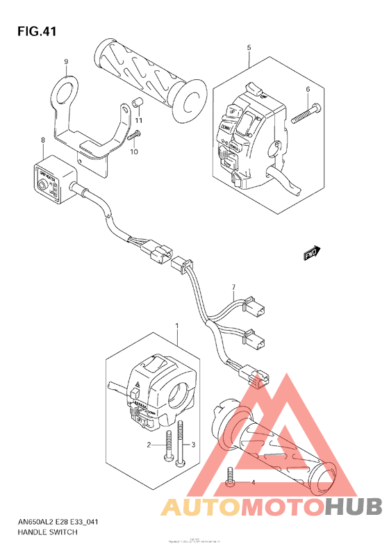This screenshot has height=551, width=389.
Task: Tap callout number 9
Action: click(x=67, y=61)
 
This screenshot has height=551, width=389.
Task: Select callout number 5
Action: click(x=248, y=47)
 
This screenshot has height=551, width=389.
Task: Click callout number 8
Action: click(x=43, y=140)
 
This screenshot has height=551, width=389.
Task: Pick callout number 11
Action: click(x=138, y=121)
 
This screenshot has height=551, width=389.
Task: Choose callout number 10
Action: click(x=134, y=151)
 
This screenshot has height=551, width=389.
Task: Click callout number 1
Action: click(x=177, y=325)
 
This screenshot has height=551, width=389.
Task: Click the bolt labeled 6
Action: click(x=306, y=113)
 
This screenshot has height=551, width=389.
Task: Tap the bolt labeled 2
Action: click(x=167, y=447)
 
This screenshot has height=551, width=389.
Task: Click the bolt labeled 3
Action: click(x=181, y=444)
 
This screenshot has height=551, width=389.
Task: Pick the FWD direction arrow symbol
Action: click(x=312, y=254)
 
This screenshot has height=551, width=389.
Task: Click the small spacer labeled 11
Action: click(x=137, y=105)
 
